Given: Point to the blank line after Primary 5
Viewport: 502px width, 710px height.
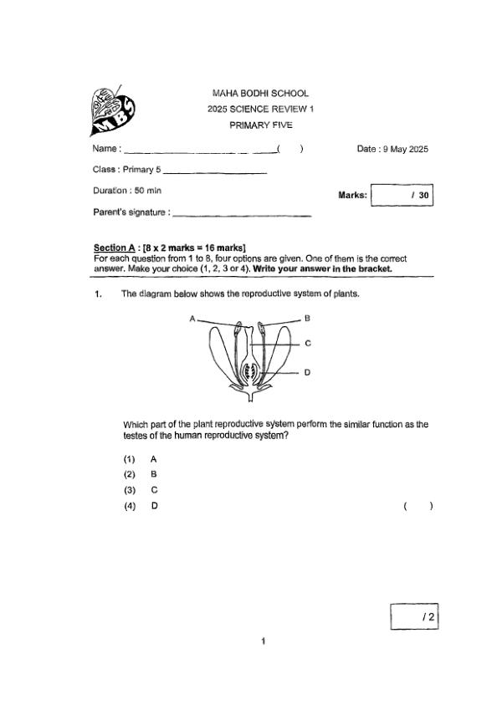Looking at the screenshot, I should click(216, 172).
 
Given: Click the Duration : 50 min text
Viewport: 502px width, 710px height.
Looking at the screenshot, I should click(127, 191).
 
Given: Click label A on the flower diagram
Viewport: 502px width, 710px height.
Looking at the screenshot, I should click(192, 319).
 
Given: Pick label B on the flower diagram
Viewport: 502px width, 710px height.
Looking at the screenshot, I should click(307, 319).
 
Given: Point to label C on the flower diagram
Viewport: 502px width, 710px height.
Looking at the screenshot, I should click(307, 343).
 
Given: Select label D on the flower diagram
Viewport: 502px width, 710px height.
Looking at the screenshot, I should click(307, 373).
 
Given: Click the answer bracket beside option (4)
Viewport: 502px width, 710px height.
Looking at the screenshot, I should click(417, 506).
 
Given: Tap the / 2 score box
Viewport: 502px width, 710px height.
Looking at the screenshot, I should click(414, 616).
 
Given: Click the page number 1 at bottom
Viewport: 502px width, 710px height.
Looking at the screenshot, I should click(263, 641).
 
